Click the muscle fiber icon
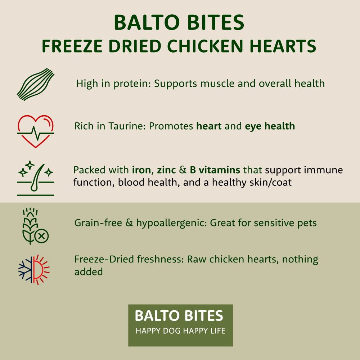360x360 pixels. click(x=35, y=84)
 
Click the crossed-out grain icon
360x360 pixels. click(x=35, y=226)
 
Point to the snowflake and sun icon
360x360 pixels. click(x=34, y=270)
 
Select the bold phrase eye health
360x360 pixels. click(x=270, y=126)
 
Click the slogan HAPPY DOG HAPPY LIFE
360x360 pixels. click(x=180, y=331)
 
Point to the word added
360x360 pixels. click(x=89, y=271)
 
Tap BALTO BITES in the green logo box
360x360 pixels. click(x=179, y=316)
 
